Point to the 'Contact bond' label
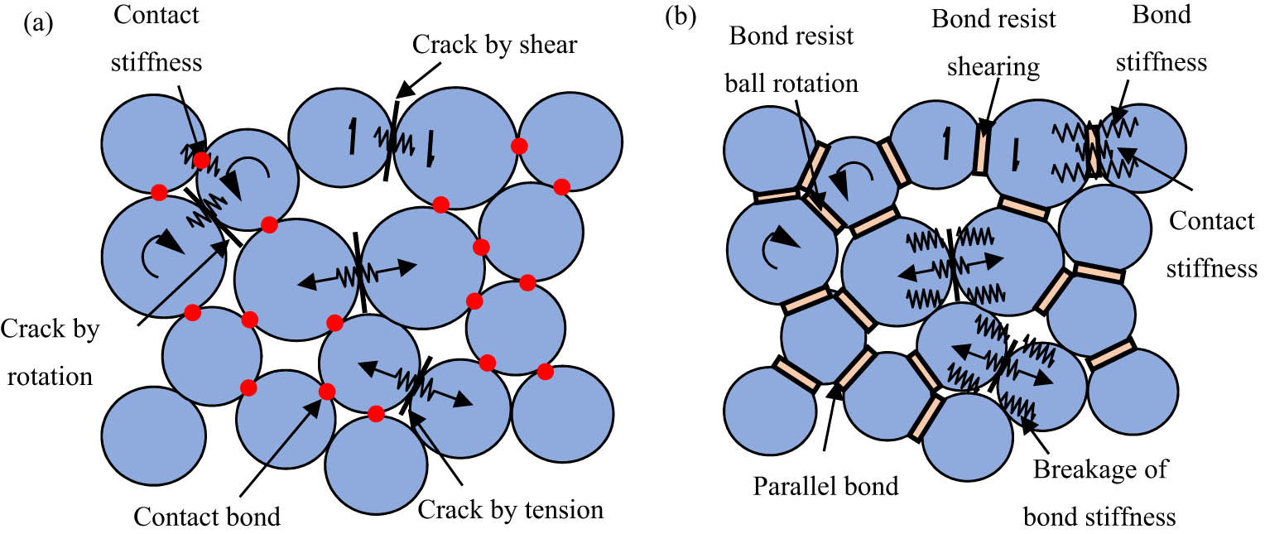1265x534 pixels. click(x=208, y=517)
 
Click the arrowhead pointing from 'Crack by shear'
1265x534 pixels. click(x=401, y=93)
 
